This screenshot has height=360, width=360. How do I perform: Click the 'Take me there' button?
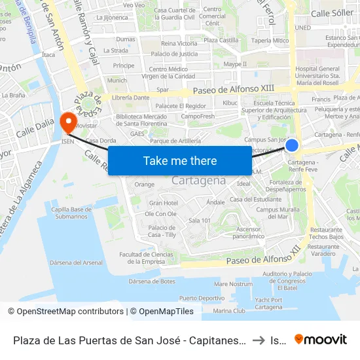click(x=180, y=160)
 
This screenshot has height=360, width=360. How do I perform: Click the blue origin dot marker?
click(x=292, y=145)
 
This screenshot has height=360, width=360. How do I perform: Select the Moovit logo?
click(x=321, y=339)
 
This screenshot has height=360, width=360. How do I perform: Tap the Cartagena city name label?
click(x=199, y=181)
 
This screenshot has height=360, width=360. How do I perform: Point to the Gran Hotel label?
click(x=163, y=203)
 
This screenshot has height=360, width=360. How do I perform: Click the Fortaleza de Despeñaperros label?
click(x=287, y=185)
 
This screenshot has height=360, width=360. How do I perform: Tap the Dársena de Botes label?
click(x=152, y=281)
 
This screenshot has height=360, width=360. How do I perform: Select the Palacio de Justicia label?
click(x=174, y=54)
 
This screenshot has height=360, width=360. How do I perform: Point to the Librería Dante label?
click(x=130, y=98)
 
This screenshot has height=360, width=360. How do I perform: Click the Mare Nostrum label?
click(x=233, y=284)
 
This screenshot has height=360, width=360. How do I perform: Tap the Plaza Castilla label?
click(x=221, y=40)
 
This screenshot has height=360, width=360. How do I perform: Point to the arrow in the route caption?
click(x=258, y=340)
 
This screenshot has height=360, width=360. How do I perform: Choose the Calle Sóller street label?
click(x=332, y=12)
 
